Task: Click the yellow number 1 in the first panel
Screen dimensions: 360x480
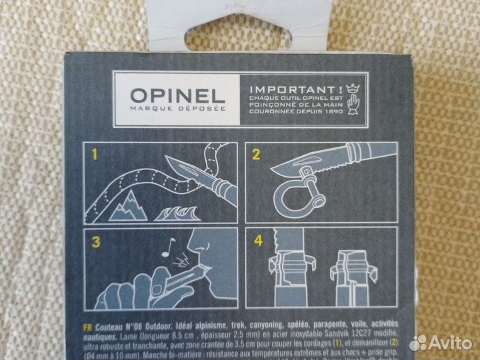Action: point(95,157)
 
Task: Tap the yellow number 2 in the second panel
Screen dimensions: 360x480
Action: point(255,157)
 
